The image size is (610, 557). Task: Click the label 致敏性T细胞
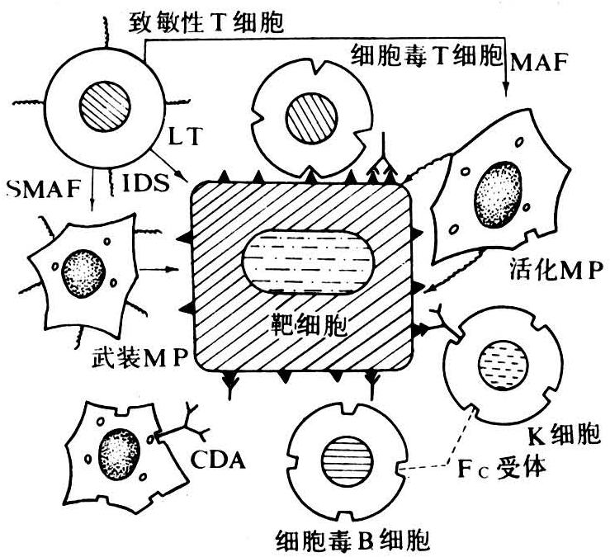[x=207, y=22]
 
